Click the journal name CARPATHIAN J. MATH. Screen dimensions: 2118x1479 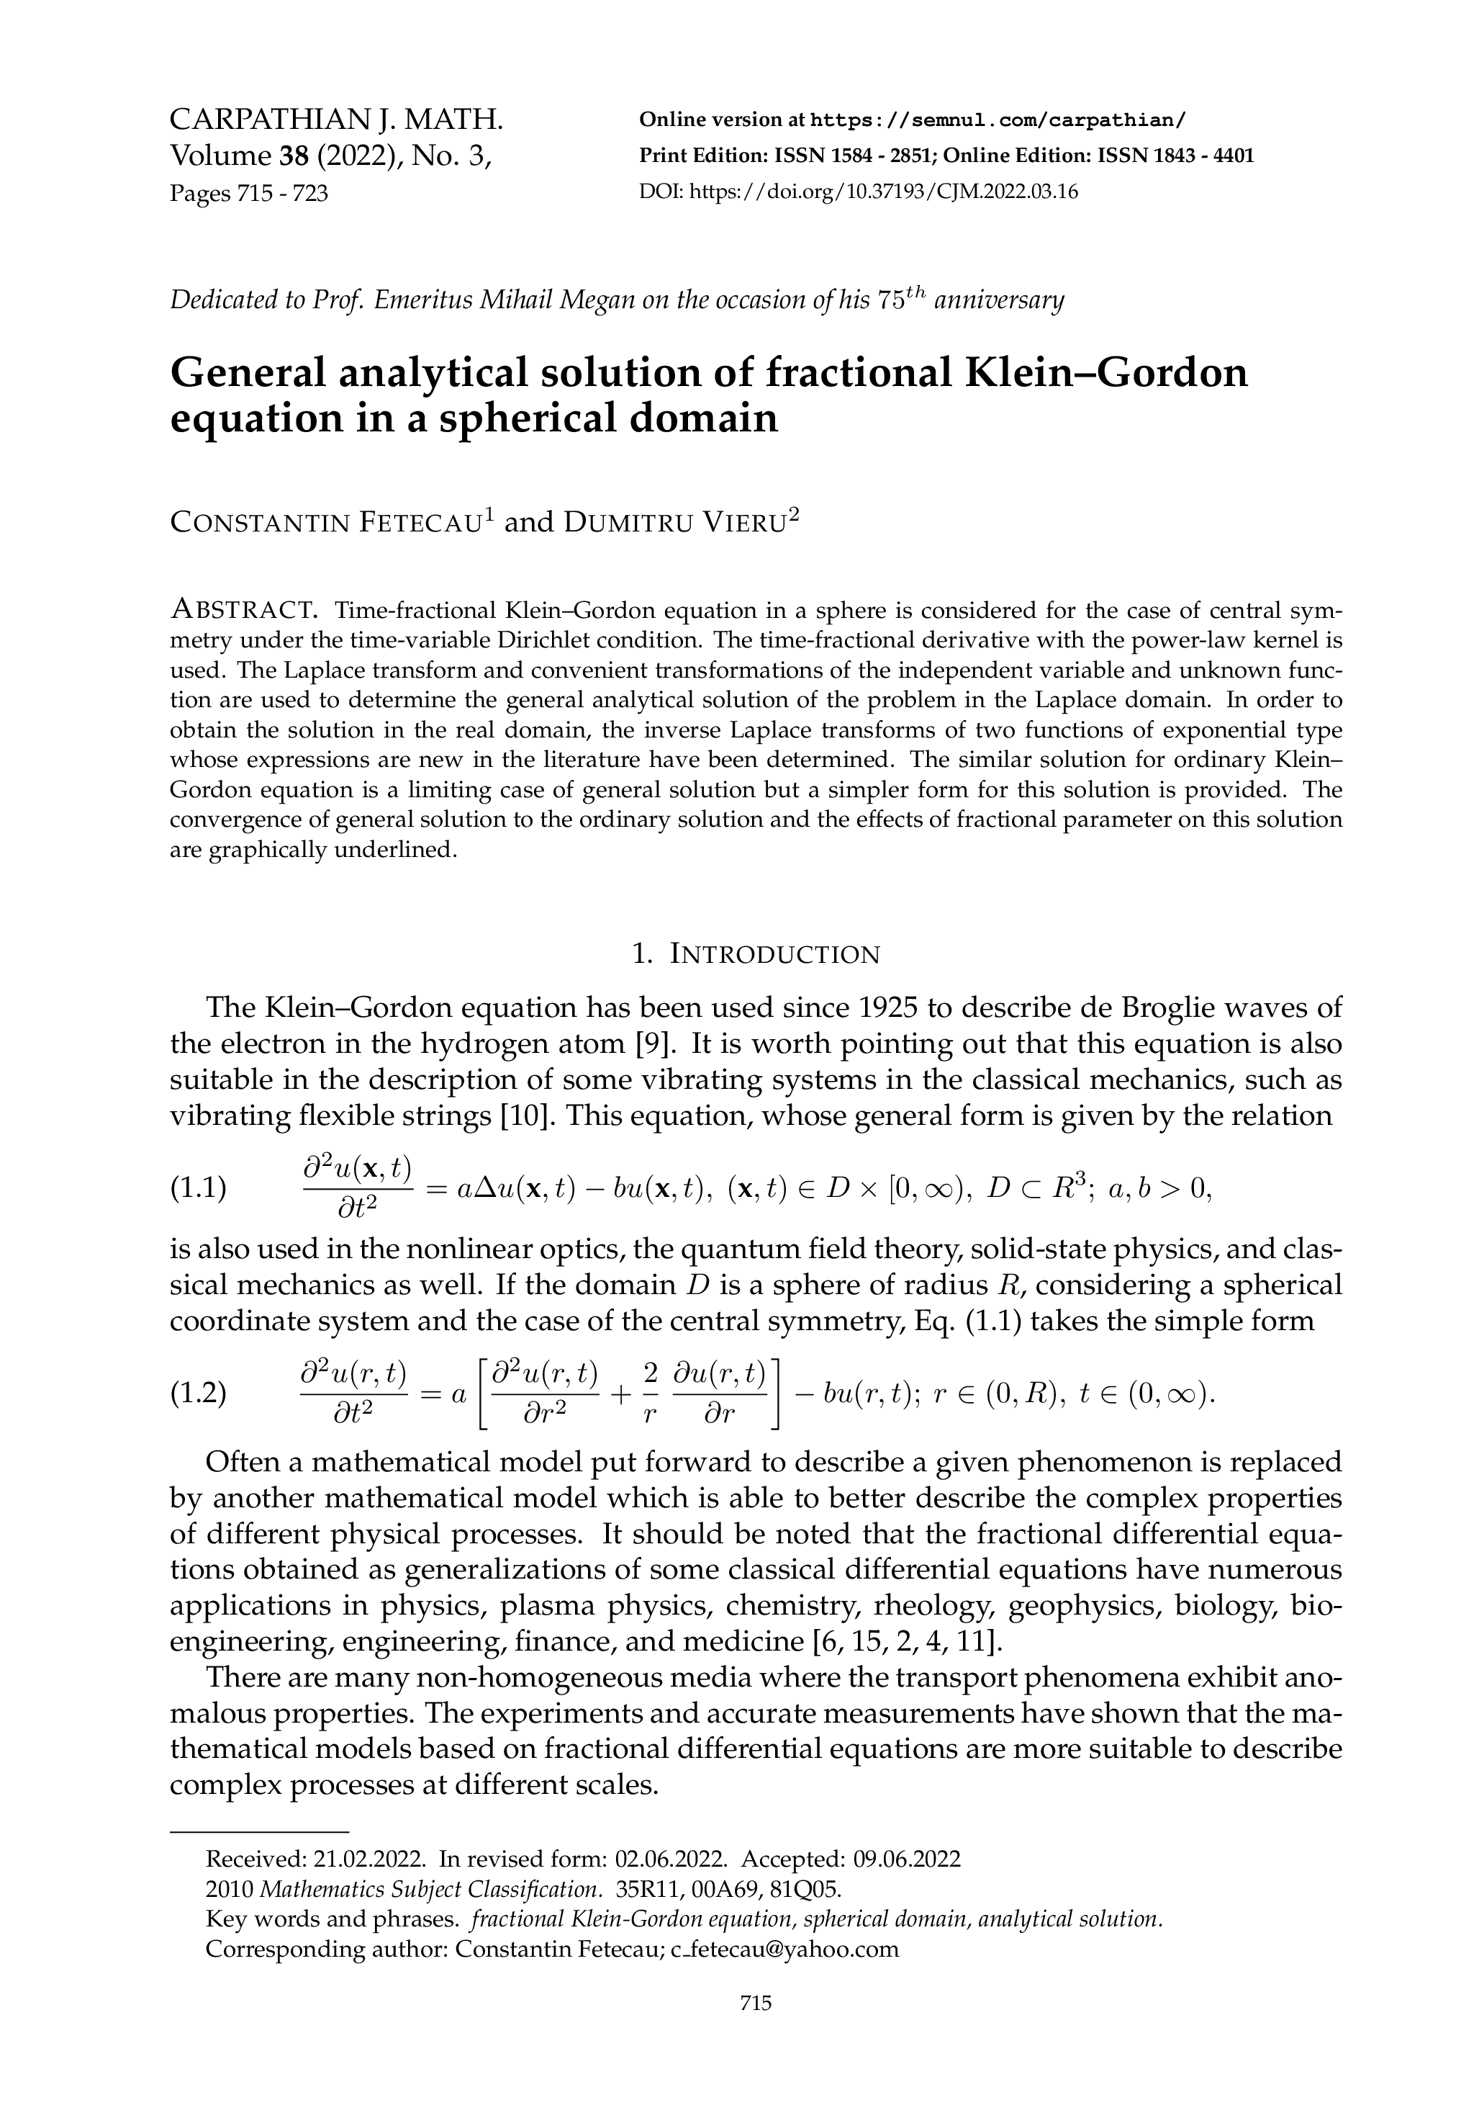(x=337, y=120)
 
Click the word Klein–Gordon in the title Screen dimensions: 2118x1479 (x=1105, y=372)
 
